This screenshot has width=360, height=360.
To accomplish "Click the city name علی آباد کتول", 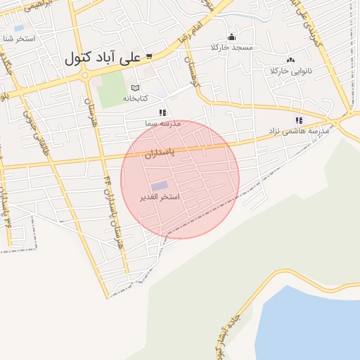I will pos(103,58).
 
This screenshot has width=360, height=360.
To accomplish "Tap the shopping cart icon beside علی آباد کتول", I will pos(150,56).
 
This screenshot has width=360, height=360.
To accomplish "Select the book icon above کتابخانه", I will pos(135,88).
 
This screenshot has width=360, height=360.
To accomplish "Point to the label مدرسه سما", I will pos(163,123).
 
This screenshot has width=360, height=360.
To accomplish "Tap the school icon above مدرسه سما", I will pos(162,112).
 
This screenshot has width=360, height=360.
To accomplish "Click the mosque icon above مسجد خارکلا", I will pos(231,37).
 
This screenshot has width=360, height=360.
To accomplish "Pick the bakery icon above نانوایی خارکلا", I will pos(291,60).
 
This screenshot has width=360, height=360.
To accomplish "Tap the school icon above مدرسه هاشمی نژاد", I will pos(299,121).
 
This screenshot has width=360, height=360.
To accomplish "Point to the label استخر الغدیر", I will pos(160,197).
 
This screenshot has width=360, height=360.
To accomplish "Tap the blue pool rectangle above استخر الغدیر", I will pos(160,186).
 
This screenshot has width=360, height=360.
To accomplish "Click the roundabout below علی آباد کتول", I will pos(84,75).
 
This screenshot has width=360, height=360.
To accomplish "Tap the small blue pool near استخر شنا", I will pos(18,29).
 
